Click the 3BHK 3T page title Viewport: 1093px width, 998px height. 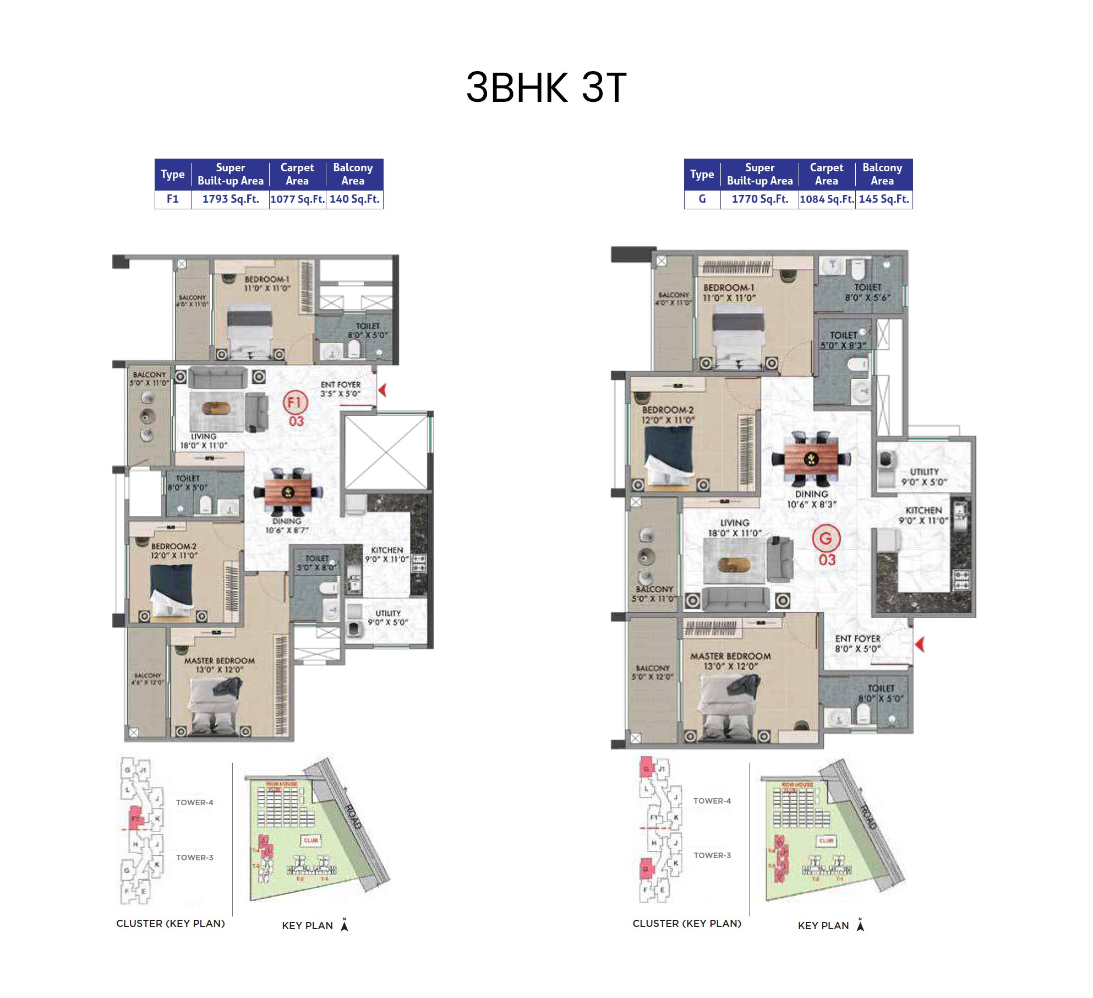(546, 88)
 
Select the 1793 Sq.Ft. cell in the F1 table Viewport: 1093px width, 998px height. (230, 199)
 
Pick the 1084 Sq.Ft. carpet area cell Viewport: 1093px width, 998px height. (826, 199)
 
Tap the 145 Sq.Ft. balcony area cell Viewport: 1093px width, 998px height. (883, 199)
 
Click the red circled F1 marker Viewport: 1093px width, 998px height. (295, 402)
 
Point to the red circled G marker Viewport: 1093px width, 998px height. (826, 539)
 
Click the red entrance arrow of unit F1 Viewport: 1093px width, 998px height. (382, 390)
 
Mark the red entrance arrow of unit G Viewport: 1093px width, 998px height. (919, 643)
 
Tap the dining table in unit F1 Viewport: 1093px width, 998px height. (287, 492)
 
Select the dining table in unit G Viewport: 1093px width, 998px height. (811, 458)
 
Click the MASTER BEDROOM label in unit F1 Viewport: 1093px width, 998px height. (219, 660)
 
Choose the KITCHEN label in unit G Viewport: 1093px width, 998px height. (923, 511)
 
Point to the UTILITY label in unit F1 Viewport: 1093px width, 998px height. (388, 613)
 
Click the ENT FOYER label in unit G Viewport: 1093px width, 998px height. (857, 638)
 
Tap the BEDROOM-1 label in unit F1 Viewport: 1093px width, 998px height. (267, 279)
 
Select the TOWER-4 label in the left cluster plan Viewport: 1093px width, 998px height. (194, 802)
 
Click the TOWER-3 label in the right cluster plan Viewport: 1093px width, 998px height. (712, 855)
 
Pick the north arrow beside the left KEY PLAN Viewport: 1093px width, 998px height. (345, 925)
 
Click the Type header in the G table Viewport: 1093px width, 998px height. (702, 175)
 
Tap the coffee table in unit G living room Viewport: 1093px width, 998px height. (734, 564)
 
